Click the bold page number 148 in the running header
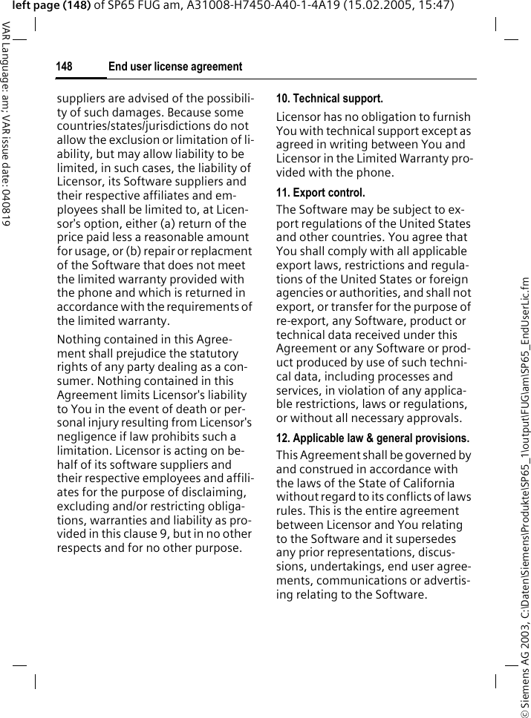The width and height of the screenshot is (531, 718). point(65,67)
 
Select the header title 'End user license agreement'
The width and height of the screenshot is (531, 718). point(175,67)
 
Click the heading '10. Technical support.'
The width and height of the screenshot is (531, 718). point(330,98)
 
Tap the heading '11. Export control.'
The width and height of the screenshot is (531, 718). point(321,193)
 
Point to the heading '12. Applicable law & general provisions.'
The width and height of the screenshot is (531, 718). point(373,438)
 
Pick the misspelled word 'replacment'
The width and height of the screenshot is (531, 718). point(223,251)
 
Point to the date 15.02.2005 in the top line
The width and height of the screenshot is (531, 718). point(356,6)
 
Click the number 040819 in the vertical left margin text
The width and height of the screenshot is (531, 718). point(6,203)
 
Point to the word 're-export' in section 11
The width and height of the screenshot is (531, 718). point(301,321)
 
